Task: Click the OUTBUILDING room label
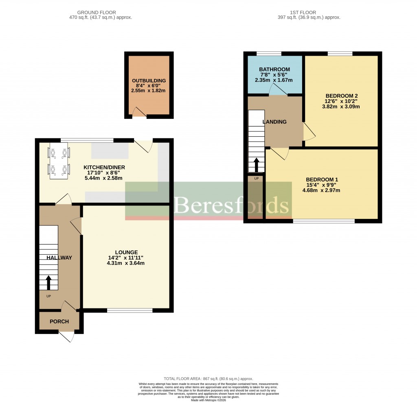pos(149,81)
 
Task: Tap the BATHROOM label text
pos(274,69)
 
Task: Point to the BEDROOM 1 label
pos(322,179)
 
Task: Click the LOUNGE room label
pos(126,252)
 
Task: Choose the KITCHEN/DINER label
pos(104,167)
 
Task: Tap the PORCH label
pos(59,321)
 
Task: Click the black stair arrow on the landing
pos(256,165)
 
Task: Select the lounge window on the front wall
pos(129,310)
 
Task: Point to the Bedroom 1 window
pos(324,221)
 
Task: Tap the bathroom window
pos(269,53)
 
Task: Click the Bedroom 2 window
pos(340,53)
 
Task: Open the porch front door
pos(66,336)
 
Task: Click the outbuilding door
pos(139,113)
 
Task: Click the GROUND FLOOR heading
pos(101,13)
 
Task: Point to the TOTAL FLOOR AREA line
pos(208,378)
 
